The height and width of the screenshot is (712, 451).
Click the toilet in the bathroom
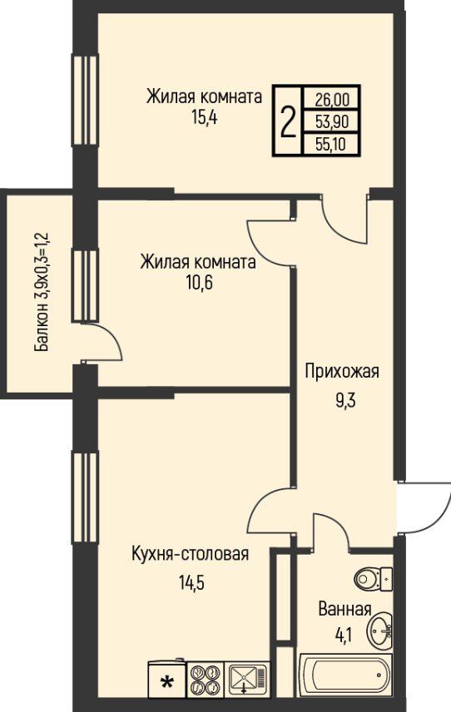(x=373, y=579)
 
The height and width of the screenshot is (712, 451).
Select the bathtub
(x=345, y=675)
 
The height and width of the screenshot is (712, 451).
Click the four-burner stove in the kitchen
(x=205, y=680)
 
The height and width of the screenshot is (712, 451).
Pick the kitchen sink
(x=247, y=680)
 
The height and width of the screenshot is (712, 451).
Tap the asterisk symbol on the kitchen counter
(x=167, y=682)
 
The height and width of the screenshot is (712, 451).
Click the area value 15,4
(x=205, y=117)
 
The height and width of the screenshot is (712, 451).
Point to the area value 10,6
(x=199, y=283)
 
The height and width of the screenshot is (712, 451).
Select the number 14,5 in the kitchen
(x=191, y=582)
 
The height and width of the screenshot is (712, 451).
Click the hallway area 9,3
(x=345, y=401)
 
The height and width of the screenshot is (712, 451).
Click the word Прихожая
(x=341, y=372)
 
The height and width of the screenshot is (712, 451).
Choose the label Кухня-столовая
(x=191, y=554)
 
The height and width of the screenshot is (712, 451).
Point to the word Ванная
(x=345, y=609)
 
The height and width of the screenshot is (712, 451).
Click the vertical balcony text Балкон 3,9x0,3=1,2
(x=42, y=292)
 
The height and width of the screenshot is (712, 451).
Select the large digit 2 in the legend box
(x=288, y=121)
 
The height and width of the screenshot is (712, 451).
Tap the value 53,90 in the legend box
(x=332, y=121)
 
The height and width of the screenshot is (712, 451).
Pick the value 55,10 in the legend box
(x=331, y=145)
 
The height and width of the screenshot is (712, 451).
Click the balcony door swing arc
(x=112, y=337)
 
